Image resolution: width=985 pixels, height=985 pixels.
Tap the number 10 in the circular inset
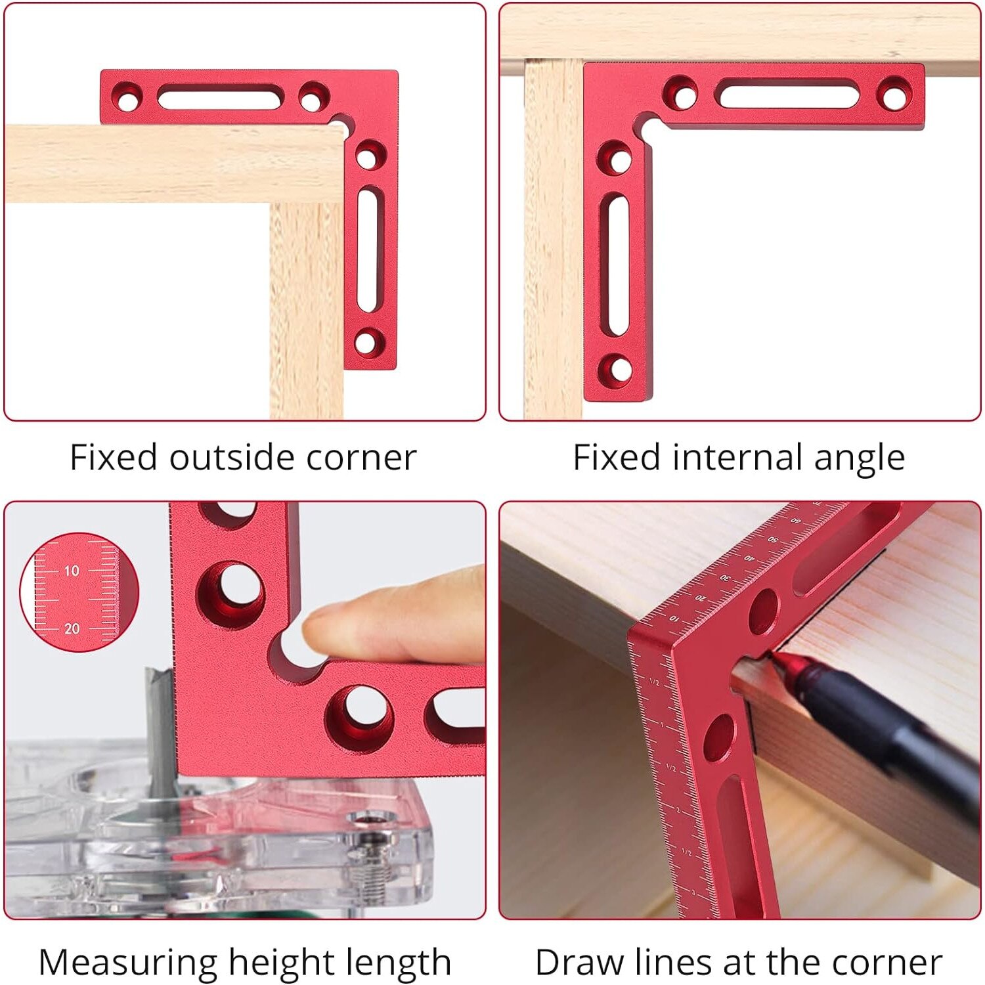click(72, 571)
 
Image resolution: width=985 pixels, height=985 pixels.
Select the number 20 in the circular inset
click(72, 628)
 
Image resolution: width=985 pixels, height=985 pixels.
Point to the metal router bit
click(160, 729)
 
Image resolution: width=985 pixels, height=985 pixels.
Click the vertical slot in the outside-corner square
click(368, 251)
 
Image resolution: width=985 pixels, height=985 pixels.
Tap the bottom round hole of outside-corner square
click(366, 342)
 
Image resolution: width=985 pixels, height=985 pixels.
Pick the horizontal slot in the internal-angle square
click(787, 94)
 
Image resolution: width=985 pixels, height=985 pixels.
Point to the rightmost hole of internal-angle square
click(894, 95)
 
